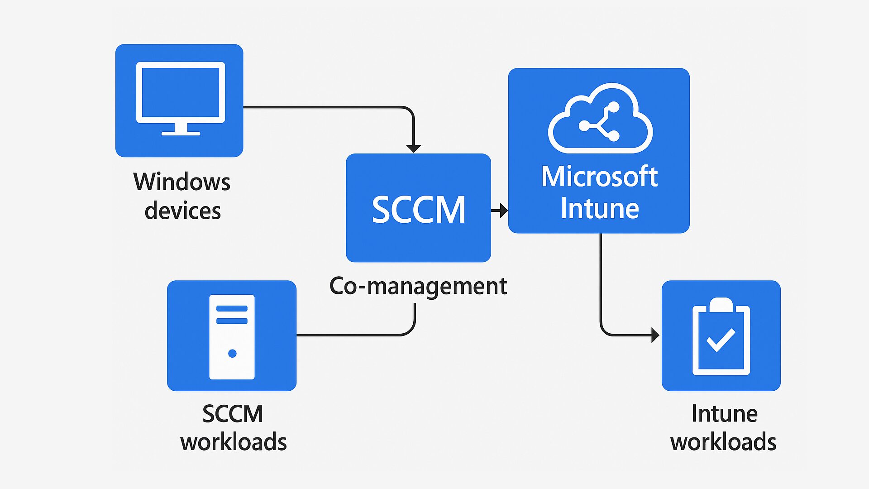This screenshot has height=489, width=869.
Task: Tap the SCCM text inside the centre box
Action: tap(419, 210)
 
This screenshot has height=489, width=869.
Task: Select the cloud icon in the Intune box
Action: tap(600, 119)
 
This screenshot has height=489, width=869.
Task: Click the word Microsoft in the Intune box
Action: tap(599, 177)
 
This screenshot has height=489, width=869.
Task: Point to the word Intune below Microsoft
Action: tap(600, 209)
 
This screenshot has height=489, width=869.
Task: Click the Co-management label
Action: tap(418, 286)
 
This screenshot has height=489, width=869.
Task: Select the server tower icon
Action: tap(232, 337)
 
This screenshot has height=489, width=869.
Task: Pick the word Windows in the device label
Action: tap(182, 182)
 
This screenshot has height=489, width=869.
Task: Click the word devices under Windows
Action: tap(183, 211)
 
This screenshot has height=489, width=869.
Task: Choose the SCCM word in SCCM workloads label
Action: tap(233, 414)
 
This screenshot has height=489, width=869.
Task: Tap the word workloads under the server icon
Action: tap(234, 442)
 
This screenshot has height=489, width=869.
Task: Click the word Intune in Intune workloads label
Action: tap(724, 414)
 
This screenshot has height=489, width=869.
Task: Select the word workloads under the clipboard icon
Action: tap(723, 442)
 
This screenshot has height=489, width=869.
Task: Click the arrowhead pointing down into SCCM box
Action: tap(414, 148)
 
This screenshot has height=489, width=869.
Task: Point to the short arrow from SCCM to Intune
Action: tap(500, 211)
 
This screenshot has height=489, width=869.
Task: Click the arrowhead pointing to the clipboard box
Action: tap(655, 335)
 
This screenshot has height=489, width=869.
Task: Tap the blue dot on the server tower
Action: tap(232, 354)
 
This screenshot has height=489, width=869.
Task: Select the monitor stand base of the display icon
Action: tap(181, 134)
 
